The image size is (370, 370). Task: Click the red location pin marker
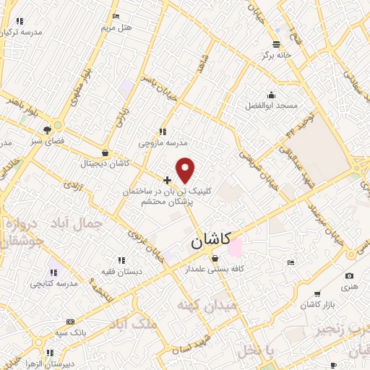[x=186, y=171]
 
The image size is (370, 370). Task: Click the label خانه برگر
[x=277, y=54]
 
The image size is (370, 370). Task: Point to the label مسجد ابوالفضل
[x=271, y=106]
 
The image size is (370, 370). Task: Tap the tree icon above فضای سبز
[x=47, y=130]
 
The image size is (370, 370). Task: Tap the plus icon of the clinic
[x=168, y=180]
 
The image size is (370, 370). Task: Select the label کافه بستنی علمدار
[x=215, y=269]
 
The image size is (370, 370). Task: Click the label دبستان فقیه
[x=121, y=270]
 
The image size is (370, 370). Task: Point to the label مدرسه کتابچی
[x=52, y=283]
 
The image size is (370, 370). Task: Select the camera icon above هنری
[x=350, y=276]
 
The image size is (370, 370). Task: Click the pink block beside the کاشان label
[x=236, y=246]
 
